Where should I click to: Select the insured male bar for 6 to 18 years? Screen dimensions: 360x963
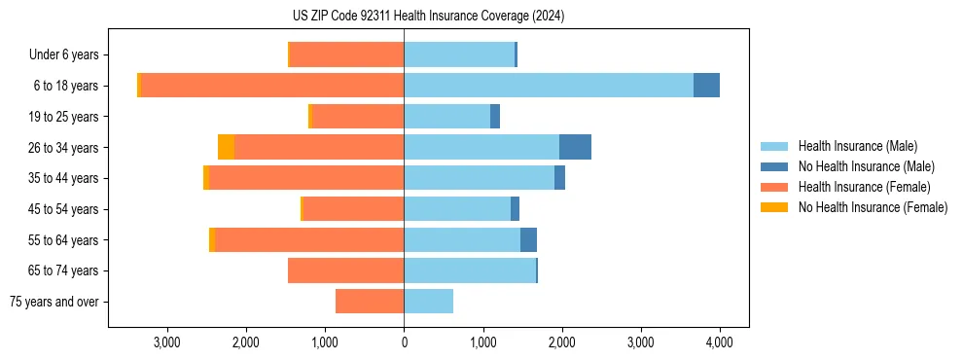549,86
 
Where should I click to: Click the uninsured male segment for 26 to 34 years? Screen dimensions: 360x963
575,147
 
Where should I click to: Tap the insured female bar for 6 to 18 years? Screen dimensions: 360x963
272,86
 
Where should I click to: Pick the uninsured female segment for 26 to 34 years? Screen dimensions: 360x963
226,147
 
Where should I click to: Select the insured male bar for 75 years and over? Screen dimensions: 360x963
428,302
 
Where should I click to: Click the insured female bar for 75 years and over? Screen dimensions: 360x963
370,302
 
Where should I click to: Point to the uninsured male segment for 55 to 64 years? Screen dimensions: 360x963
528,239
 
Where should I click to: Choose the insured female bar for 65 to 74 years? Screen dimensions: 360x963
345,270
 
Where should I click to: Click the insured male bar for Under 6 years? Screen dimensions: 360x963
459,54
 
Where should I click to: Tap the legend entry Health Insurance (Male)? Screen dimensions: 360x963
857,146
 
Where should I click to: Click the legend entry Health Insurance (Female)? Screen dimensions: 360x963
864,187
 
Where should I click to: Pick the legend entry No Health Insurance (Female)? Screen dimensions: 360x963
873,207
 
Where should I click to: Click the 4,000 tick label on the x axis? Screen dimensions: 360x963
719,343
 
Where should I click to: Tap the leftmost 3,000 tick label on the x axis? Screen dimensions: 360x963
166,343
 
